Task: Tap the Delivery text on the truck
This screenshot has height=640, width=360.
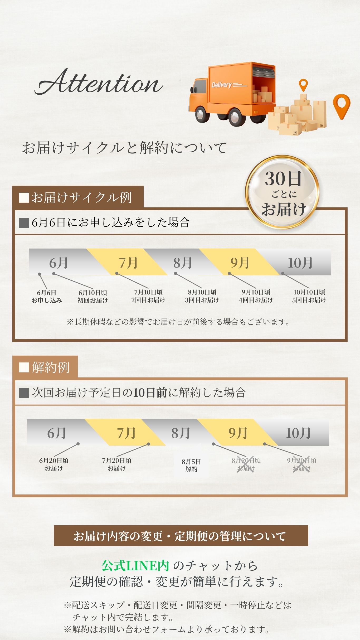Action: pos(222,85)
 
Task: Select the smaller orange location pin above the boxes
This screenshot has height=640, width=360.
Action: pos(303,85)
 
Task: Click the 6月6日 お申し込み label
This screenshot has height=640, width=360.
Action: pos(47,296)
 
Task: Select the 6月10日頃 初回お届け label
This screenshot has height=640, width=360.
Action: pos(93,296)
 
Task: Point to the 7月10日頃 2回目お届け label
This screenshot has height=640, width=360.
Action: pos(148,296)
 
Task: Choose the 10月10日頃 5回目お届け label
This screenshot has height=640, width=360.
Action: pos(309,296)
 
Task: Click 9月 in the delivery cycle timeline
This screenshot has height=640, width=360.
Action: pos(240,263)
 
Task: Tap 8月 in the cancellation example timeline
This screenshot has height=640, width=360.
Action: pos(181,433)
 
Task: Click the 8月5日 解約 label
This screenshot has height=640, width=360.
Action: pos(191,465)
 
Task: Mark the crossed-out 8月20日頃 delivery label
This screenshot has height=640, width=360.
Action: pos(246,464)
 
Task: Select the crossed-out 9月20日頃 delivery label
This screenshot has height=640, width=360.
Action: pos(301,464)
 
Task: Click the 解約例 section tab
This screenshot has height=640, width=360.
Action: pos(45,367)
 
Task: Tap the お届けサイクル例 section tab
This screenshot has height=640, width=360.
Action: pos(78,197)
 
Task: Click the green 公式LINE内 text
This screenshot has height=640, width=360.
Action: pos(135,565)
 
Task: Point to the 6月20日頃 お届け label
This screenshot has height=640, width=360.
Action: pos(54,464)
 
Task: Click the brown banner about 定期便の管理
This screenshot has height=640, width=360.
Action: pos(181,536)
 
